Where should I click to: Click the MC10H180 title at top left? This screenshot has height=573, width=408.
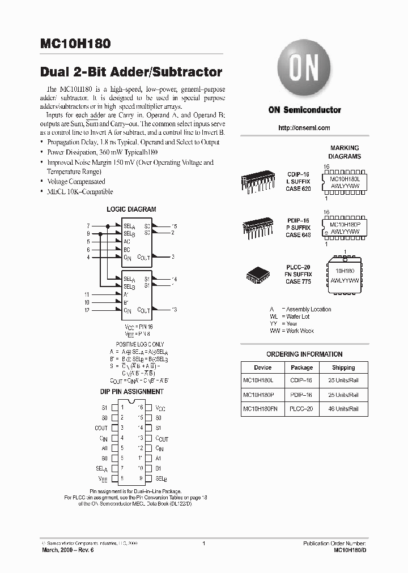click(x=76, y=44)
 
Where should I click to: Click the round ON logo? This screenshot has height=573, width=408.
click(x=304, y=71)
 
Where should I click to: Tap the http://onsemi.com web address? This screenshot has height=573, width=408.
click(x=304, y=128)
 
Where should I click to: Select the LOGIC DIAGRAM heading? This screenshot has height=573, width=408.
click(x=131, y=209)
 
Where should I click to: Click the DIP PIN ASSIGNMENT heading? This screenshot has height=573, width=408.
click(x=131, y=391)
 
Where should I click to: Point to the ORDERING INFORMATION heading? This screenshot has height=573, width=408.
click(x=304, y=354)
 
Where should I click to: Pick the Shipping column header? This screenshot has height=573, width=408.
click(x=343, y=367)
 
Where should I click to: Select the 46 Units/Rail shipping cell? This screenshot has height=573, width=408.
click(x=343, y=408)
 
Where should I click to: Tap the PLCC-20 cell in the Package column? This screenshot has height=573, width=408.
click(x=301, y=408)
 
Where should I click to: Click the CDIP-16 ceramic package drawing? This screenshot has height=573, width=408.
click(x=258, y=182)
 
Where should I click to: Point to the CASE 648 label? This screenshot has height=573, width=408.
click(x=297, y=235)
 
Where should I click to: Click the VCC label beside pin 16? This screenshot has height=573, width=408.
click(x=161, y=408)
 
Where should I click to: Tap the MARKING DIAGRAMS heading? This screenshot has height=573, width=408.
click(x=345, y=152)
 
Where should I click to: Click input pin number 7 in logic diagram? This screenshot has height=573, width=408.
click(x=88, y=226)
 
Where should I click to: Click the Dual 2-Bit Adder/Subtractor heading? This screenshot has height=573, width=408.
click(x=131, y=72)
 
